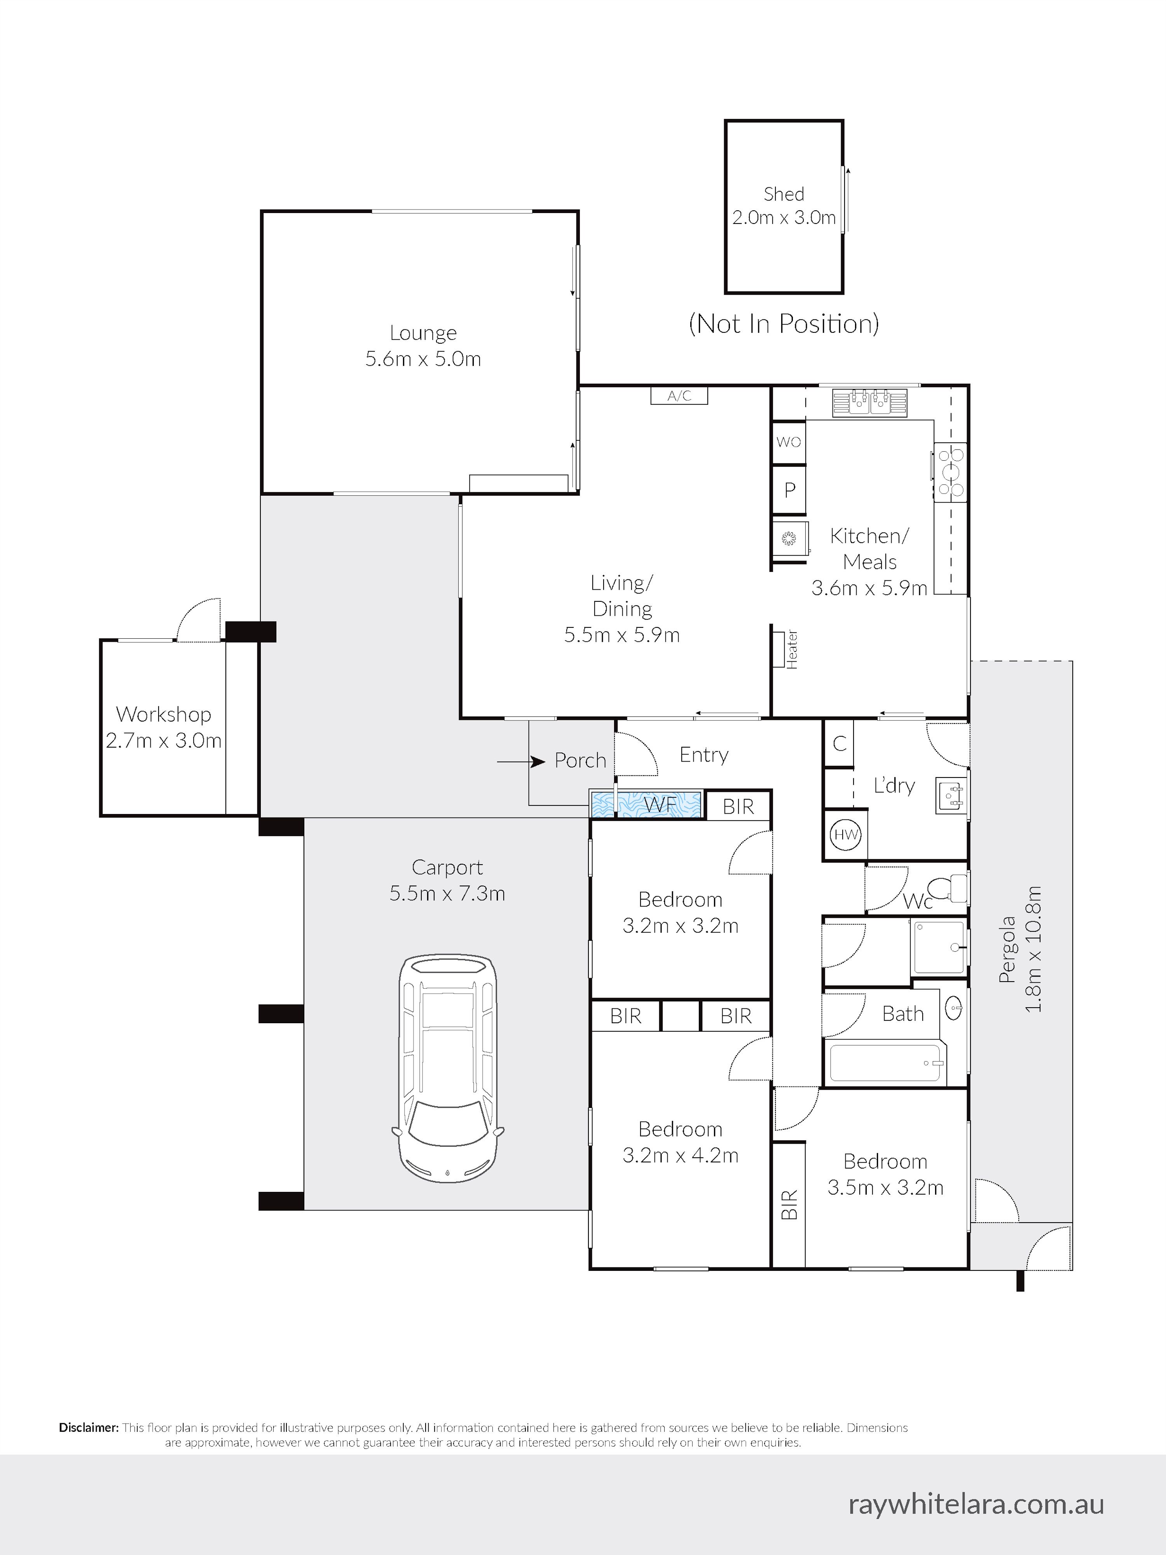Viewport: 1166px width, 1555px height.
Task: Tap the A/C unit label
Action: coord(679,396)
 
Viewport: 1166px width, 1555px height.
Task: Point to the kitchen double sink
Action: coord(870,402)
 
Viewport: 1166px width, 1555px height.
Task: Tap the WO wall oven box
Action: coord(789,442)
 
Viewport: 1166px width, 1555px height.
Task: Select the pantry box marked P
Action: coord(789,489)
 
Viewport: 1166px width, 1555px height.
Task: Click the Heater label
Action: coord(792,649)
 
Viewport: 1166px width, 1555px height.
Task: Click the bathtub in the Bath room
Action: coord(885,1062)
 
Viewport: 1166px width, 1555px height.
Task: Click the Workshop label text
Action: coord(164,714)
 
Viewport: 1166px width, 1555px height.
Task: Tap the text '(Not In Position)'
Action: coord(784,324)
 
